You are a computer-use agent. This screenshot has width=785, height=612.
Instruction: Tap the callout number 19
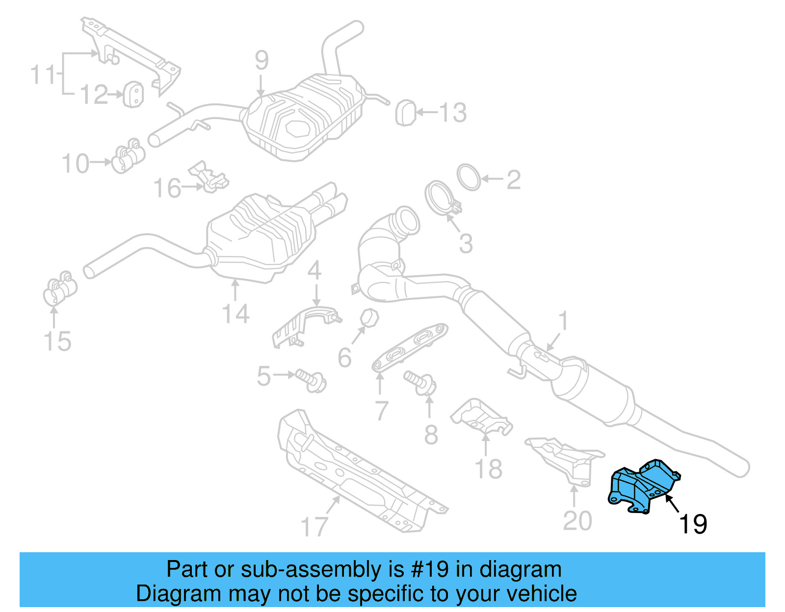tap(693, 524)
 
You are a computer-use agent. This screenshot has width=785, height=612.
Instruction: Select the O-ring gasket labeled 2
tap(469, 177)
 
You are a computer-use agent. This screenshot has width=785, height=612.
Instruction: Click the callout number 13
tap(452, 113)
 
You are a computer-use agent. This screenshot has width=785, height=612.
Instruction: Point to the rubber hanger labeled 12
tap(133, 95)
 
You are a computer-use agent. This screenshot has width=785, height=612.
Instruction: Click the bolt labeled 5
tap(310, 380)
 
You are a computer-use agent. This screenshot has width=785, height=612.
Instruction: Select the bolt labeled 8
tap(420, 382)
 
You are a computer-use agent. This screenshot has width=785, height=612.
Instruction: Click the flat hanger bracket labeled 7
tap(409, 347)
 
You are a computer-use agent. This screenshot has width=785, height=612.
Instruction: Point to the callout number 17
tap(314, 527)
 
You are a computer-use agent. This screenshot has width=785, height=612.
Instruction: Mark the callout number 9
tap(262, 60)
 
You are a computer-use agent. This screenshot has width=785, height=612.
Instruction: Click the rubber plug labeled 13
tap(405, 113)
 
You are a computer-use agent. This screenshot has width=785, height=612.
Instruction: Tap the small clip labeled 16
tap(209, 177)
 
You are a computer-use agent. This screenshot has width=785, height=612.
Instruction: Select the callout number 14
tap(235, 314)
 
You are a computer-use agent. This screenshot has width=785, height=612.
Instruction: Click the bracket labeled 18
tap(481, 419)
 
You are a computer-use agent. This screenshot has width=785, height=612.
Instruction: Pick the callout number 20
tap(577, 521)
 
